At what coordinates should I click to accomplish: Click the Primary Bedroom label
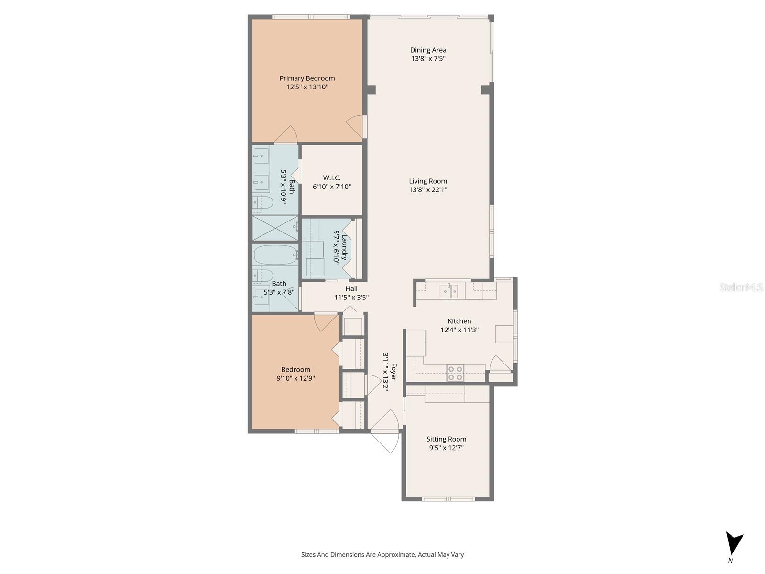click(x=307, y=78)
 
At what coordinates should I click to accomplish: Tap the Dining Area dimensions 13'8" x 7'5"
click(x=428, y=59)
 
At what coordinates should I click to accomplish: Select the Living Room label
click(x=428, y=181)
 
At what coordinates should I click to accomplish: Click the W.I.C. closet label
click(x=332, y=178)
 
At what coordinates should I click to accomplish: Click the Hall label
click(x=351, y=288)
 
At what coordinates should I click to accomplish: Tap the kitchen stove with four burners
click(x=455, y=373)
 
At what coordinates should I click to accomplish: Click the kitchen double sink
click(x=449, y=290)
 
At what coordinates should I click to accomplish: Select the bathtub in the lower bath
click(x=275, y=255)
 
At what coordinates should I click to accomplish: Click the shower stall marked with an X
click(x=275, y=228)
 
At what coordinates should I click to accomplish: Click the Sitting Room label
click(x=446, y=439)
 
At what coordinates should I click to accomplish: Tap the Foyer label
click(x=394, y=373)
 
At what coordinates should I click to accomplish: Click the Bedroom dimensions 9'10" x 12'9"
click(x=295, y=378)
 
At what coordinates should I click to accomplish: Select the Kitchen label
click(x=459, y=321)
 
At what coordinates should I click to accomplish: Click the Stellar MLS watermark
click(x=741, y=287)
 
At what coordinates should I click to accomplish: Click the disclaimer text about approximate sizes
click(x=382, y=555)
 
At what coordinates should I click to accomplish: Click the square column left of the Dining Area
click(x=372, y=90)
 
